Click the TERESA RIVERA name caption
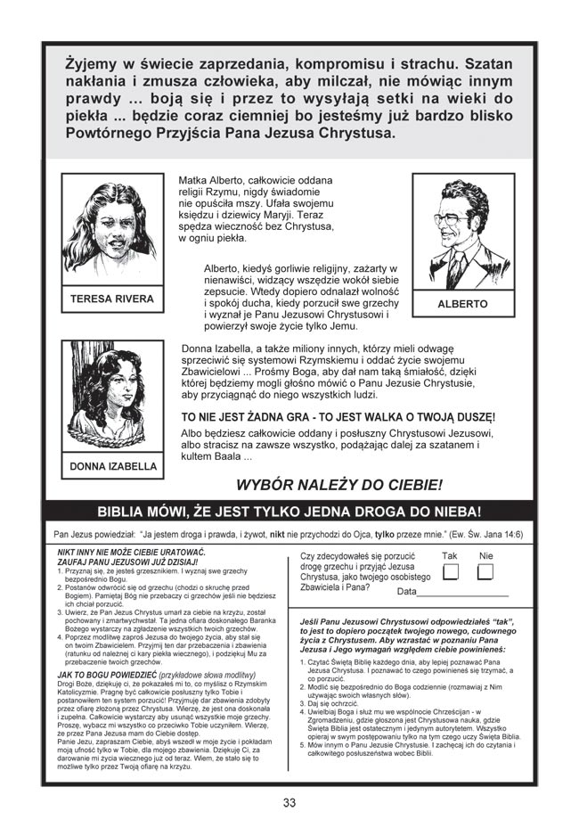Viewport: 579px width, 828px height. pyautogui.click(x=112, y=299)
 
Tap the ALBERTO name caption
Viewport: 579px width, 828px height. pyautogui.click(x=462, y=304)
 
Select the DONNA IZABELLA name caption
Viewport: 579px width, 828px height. pyautogui.click(x=112, y=465)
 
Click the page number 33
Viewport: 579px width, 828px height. pyautogui.click(x=289, y=802)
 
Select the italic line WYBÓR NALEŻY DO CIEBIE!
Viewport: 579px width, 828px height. pyautogui.click(x=338, y=485)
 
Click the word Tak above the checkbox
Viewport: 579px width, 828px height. pyautogui.click(x=451, y=554)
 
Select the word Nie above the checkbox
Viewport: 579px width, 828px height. pyautogui.click(x=485, y=554)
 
